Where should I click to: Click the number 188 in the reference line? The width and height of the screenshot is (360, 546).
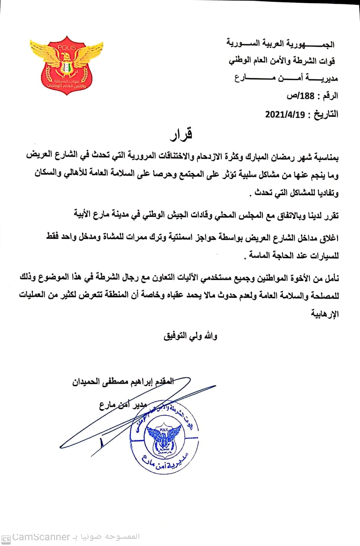tap(307, 96)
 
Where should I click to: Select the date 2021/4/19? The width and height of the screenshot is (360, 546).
tap(285, 114)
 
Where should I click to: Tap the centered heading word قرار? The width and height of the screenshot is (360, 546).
tap(181, 134)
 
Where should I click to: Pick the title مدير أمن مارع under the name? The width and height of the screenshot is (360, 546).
tap(123, 405)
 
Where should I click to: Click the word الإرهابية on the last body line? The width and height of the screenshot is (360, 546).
tap(325, 314)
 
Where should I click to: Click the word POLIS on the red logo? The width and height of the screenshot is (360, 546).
tap(66, 47)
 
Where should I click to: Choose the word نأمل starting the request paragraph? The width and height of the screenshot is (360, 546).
tap(331, 278)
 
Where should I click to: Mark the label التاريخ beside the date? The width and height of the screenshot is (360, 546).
tap(325, 114)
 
